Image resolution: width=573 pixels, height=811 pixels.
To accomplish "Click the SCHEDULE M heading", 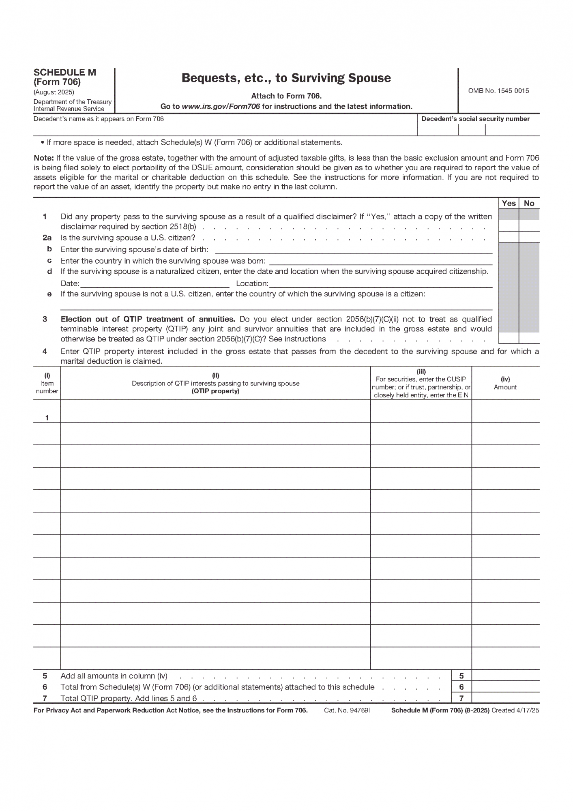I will pos(65,73).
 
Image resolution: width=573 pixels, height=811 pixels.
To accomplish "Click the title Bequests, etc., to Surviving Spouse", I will pos(286,78).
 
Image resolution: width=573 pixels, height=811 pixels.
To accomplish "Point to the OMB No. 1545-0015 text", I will pos(498,91).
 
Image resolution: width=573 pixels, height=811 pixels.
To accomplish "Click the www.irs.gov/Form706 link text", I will pos(221,107).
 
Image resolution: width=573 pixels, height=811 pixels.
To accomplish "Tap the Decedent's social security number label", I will pos(475,119).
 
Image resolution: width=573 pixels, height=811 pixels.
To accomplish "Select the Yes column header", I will pos(509,203).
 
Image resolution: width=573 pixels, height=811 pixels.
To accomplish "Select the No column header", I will pos(529,203).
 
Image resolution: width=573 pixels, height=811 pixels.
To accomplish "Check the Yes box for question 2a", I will pos(509,237).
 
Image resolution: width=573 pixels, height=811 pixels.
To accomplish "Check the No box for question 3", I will pos(529,338).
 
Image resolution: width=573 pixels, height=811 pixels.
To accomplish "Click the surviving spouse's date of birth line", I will pos(353,249).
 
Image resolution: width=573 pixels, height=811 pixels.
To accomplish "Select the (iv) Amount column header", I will pos(505,383).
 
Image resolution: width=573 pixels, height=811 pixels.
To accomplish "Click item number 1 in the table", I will pos(47,418).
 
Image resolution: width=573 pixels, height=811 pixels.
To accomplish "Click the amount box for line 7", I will pos(505,698).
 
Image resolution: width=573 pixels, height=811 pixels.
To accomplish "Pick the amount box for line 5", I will pos(505,676).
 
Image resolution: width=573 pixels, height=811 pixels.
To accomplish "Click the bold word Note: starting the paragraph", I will pos(43,158).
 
